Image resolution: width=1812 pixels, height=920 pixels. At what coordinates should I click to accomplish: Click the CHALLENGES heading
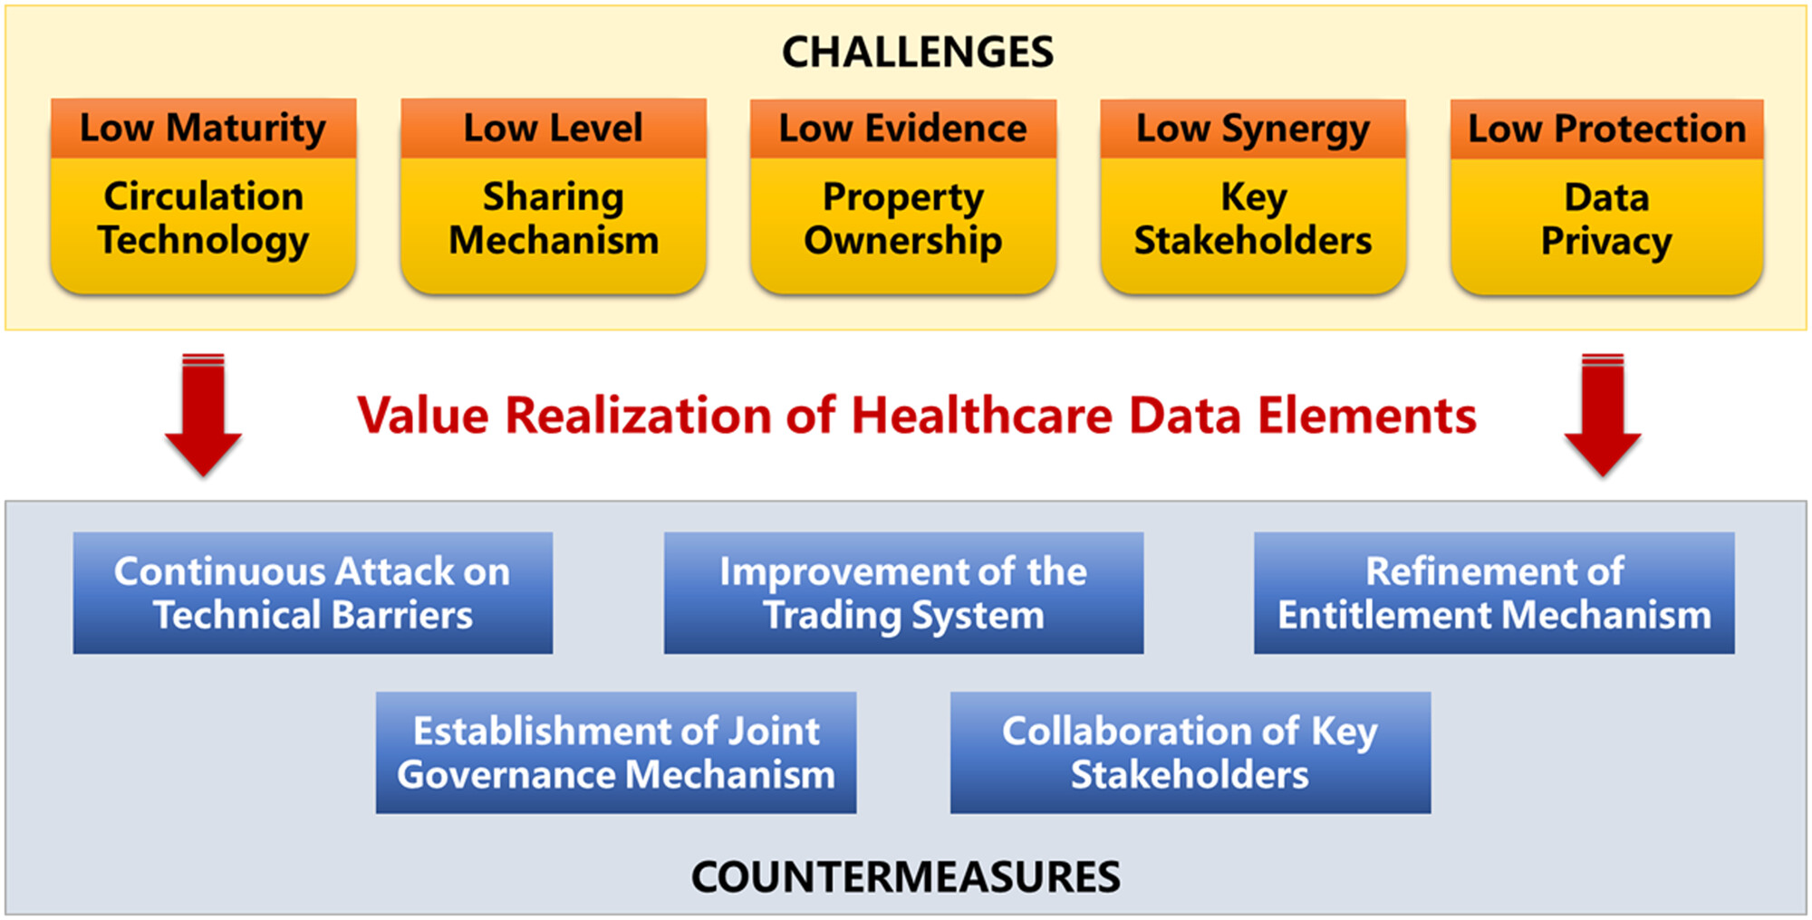[918, 53]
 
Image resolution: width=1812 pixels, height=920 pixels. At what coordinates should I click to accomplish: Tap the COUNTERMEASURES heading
[906, 877]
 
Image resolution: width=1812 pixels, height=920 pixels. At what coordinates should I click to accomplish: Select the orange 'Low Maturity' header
[203, 129]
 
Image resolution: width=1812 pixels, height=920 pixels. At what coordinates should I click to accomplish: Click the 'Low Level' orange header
[554, 129]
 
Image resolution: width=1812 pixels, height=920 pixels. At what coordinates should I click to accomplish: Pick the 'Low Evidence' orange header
[903, 129]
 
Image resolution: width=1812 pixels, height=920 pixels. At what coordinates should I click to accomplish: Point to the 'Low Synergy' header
[1253, 129]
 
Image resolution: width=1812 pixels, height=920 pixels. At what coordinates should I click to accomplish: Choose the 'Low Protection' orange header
[1606, 129]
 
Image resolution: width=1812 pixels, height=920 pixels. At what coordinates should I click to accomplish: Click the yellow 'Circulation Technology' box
[203, 225]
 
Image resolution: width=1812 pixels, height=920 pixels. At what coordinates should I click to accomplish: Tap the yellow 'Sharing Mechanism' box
[554, 225]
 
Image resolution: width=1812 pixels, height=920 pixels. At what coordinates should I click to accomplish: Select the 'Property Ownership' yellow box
[903, 225]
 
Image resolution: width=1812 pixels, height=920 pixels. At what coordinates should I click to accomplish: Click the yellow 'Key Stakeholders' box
[1253, 225]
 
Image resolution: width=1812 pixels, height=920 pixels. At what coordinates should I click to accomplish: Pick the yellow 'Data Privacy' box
[1606, 225]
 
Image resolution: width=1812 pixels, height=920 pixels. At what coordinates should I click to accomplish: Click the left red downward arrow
[203, 415]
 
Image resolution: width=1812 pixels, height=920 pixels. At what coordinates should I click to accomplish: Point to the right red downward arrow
[1603, 415]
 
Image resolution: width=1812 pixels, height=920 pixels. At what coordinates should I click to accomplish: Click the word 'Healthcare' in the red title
[982, 416]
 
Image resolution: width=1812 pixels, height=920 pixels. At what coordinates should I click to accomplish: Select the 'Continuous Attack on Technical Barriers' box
[313, 593]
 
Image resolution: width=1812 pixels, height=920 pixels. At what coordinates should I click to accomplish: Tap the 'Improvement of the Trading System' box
[903, 593]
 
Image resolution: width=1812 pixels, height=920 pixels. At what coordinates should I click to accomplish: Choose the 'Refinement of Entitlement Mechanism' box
[1494, 593]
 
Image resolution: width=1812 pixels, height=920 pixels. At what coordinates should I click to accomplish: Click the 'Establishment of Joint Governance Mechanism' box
[616, 752]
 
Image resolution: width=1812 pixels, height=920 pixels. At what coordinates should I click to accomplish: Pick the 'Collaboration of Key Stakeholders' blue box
[1190, 752]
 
